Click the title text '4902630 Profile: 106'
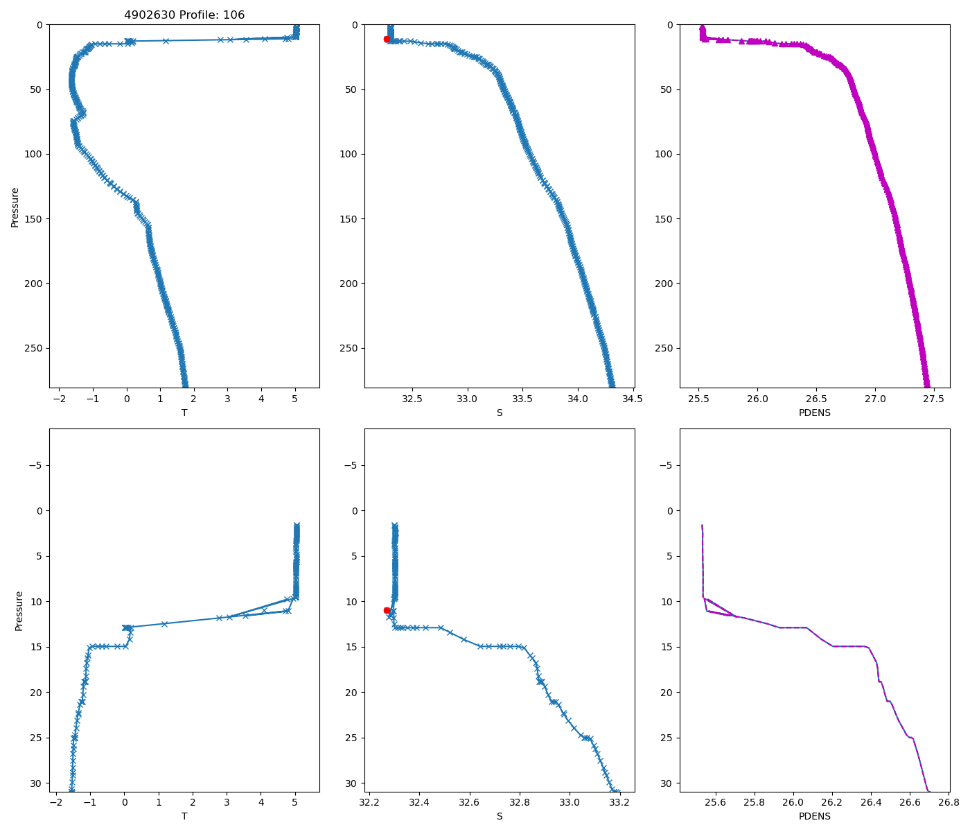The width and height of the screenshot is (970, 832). (x=184, y=15)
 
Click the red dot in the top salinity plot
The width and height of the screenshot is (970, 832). (x=387, y=40)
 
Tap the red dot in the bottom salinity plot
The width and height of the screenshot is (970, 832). (x=387, y=610)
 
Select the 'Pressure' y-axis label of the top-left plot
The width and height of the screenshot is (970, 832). (x=15, y=207)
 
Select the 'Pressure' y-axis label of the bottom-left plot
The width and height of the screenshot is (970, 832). (x=19, y=611)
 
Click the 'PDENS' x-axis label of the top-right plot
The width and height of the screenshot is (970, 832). (x=814, y=413)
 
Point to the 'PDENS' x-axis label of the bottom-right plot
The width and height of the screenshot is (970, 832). (x=814, y=816)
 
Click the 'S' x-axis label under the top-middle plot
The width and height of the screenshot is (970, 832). (x=499, y=413)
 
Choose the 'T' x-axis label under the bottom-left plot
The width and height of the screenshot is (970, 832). (x=184, y=816)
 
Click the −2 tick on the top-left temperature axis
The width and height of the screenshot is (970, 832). (x=59, y=399)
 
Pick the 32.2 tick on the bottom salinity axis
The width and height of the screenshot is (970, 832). (x=369, y=803)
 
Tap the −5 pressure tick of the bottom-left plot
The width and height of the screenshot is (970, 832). (x=36, y=465)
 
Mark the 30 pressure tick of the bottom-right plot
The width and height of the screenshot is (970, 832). (x=667, y=783)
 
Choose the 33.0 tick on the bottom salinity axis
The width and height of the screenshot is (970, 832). (x=570, y=803)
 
